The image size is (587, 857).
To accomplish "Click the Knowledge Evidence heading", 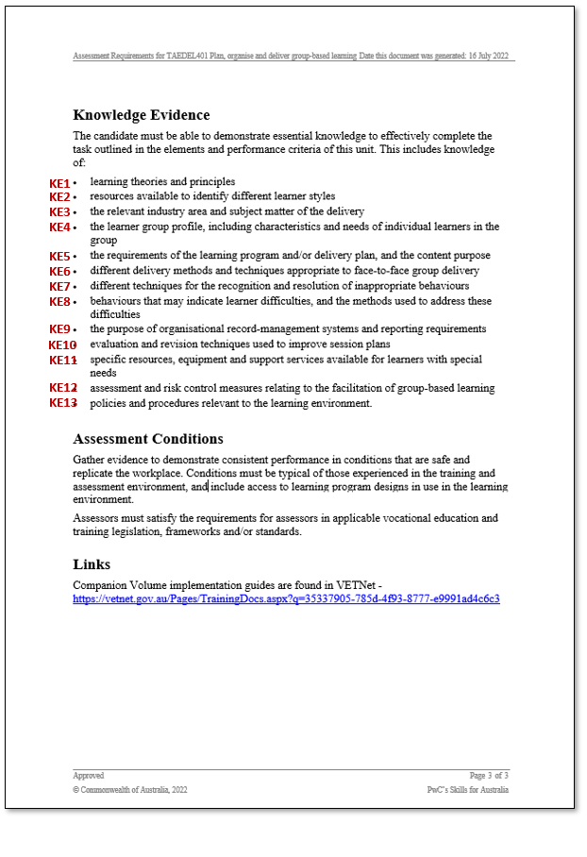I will tap(141, 115).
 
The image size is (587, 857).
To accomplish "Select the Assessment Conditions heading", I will tap(147, 439).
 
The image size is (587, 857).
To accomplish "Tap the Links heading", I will tap(92, 564).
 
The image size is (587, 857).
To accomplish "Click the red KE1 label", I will tap(59, 182).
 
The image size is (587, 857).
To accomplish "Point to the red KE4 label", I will tap(59, 227).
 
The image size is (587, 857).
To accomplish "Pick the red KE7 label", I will tap(59, 286).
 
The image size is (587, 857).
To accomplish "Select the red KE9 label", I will tap(59, 329).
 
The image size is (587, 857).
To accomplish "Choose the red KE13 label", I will tap(62, 403).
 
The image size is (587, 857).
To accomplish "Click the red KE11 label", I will tap(62, 360).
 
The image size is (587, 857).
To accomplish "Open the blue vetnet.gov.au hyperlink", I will tap(286, 598).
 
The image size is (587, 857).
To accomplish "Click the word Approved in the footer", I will tap(89, 775).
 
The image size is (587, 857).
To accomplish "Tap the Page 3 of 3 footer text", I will tap(489, 775).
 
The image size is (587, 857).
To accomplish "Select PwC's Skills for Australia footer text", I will tap(467, 790).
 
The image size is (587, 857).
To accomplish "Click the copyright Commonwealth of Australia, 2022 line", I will tap(130, 790).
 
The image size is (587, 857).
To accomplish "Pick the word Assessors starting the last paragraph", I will tap(95, 518).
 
